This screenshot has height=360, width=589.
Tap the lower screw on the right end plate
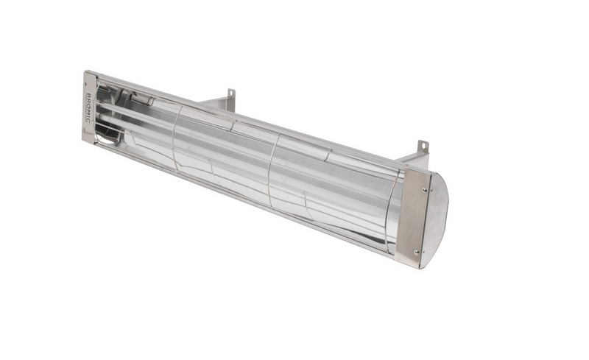coord(417,252)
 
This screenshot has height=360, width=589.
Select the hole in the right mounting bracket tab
coord(423,147)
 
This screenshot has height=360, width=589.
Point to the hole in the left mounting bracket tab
coord(230,93)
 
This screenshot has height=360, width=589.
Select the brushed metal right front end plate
coord(412,217)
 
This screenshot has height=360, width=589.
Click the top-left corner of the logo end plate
coord(85,72)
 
